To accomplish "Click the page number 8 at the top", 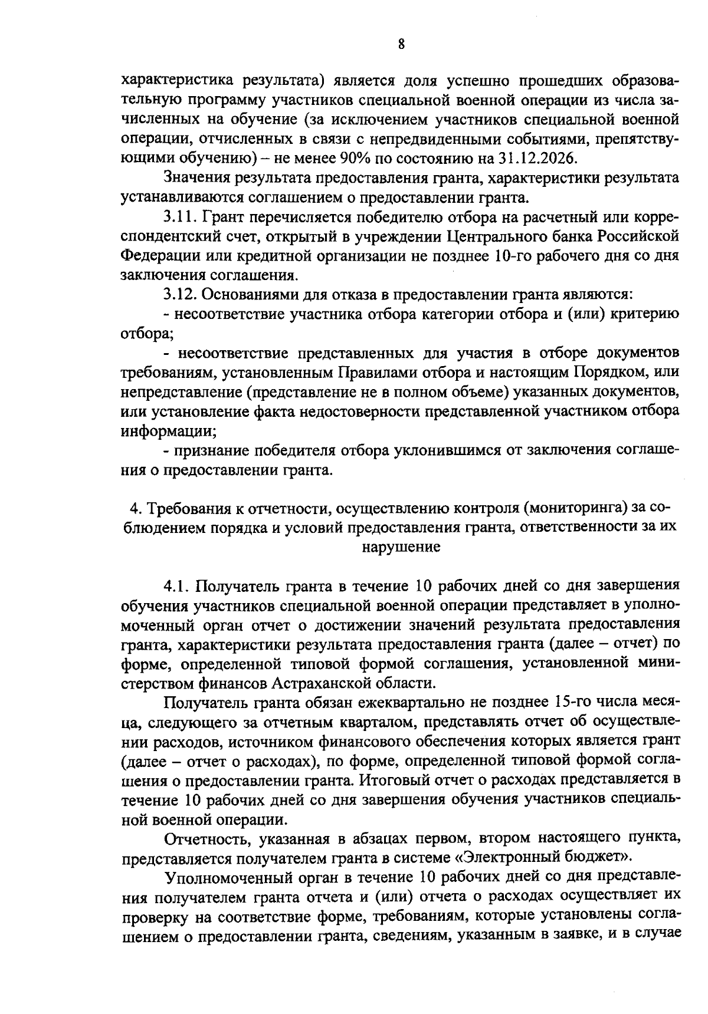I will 401,44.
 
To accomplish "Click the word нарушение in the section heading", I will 401,546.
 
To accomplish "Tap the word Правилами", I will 373,373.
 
